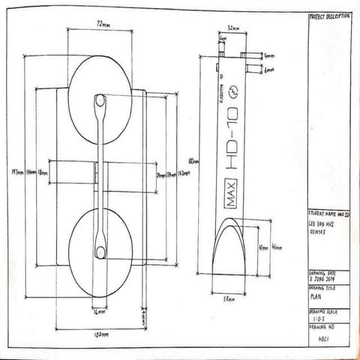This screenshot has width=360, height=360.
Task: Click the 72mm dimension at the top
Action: (x=100, y=24)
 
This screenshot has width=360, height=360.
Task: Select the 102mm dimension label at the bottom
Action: (x=99, y=333)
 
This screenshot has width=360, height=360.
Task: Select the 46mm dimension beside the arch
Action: (x=276, y=247)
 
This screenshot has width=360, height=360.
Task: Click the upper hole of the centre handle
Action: (x=100, y=100)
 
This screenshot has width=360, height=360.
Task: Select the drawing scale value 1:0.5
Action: (x=319, y=317)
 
